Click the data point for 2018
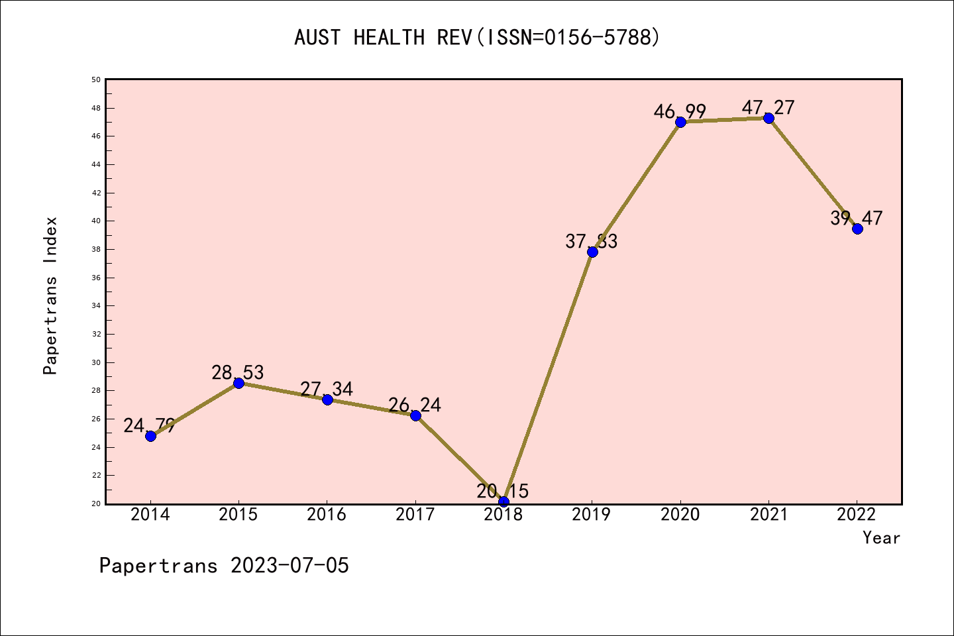click(x=503, y=502)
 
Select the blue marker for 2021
click(x=768, y=118)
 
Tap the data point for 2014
click(x=150, y=436)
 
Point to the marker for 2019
click(x=592, y=252)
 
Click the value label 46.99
click(x=680, y=111)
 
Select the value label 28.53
click(x=238, y=372)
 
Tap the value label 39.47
click(x=857, y=218)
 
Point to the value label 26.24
click(x=415, y=405)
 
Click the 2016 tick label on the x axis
click(x=327, y=515)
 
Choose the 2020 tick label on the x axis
click(x=680, y=515)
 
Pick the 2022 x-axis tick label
click(x=857, y=515)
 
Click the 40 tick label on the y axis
click(x=96, y=221)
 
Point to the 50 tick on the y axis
click(x=96, y=79)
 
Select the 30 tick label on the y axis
click(x=96, y=362)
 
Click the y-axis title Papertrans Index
click(x=50, y=295)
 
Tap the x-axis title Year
click(x=881, y=538)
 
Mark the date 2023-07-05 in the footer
click(x=290, y=566)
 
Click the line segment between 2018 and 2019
click(x=548, y=376)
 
